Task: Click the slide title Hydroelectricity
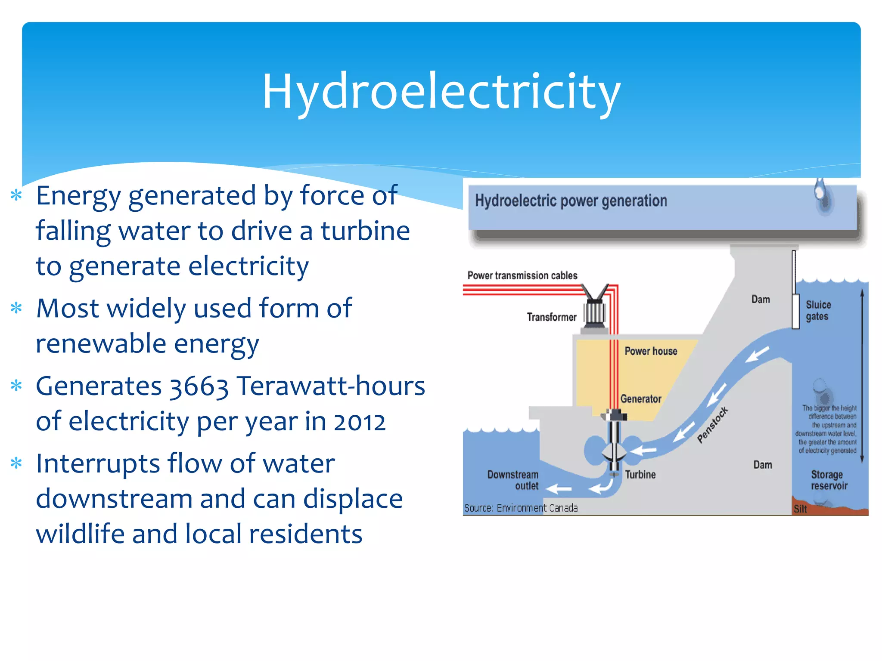point(441,91)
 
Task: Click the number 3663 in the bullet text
point(199,386)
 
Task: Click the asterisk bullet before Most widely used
point(16,308)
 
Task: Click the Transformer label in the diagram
point(551,317)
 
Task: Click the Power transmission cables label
point(522,275)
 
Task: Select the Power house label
point(650,351)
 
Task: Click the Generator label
point(640,399)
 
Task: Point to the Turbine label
point(640,474)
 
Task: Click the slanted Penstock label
point(712,424)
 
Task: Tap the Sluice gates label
point(818,311)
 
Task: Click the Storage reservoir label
point(829,480)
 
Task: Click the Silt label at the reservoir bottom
point(800,509)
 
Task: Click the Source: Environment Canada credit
point(521,508)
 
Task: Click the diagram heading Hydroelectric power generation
point(571,201)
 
